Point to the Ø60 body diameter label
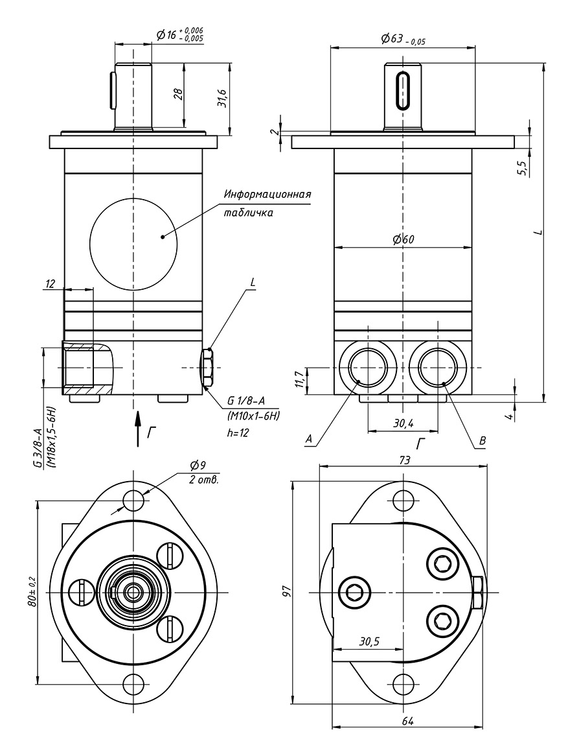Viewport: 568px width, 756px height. (x=403, y=239)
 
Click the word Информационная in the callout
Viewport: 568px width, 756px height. (x=267, y=195)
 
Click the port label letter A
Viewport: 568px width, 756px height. (x=309, y=440)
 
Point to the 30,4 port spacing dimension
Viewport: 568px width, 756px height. (x=403, y=423)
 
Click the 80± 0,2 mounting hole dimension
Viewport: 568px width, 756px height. (x=30, y=592)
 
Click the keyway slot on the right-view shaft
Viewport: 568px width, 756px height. (x=403, y=91)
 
